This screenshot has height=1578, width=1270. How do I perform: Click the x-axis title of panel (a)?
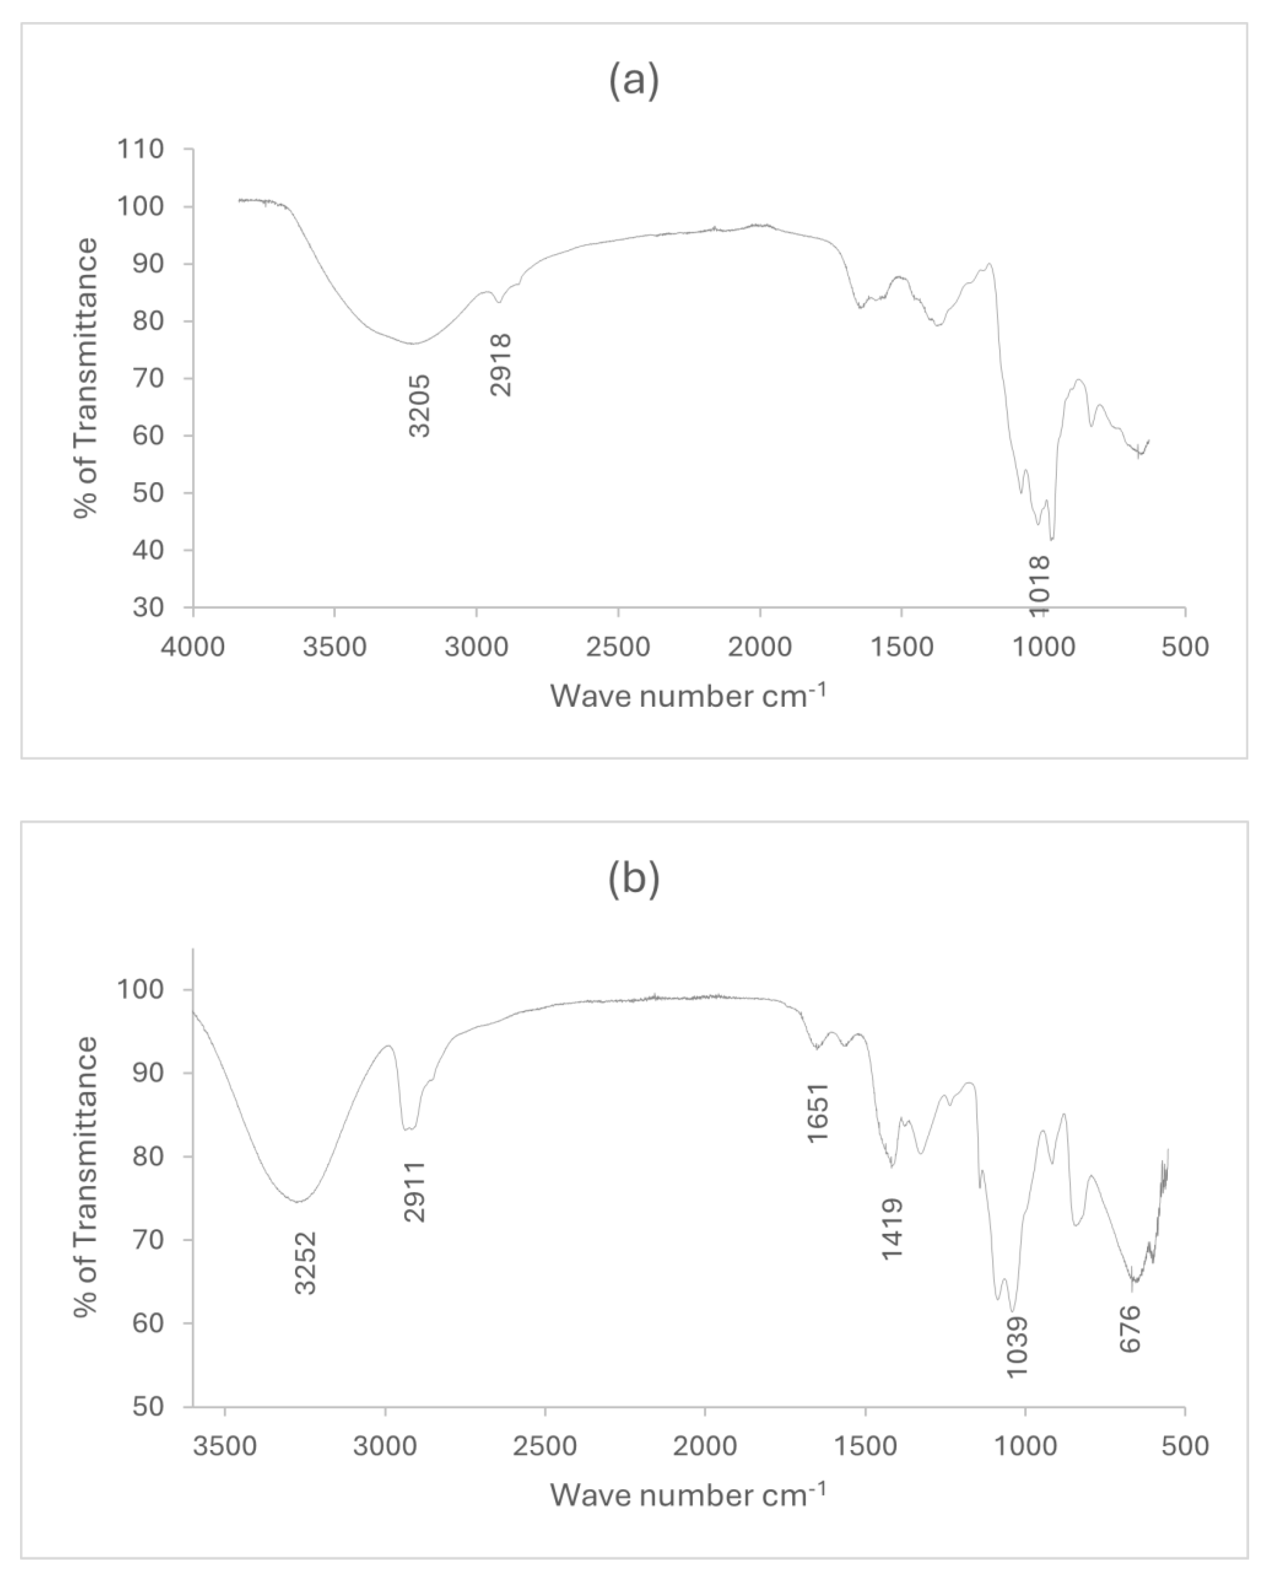coord(688,695)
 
